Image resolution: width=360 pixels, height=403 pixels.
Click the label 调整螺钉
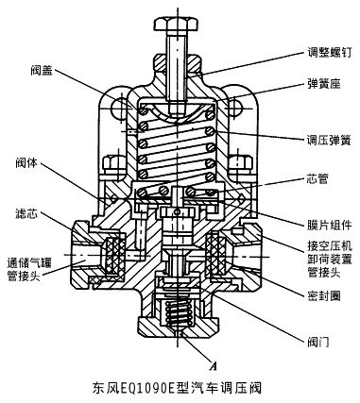coord(329,52)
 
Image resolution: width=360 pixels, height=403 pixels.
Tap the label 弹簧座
coord(323,83)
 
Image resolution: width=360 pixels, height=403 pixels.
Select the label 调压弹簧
coord(329,140)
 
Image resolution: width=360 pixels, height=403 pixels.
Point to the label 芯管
coord(318,178)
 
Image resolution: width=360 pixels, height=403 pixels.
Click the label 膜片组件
coord(329,225)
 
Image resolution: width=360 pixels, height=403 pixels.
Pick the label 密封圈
coord(323,295)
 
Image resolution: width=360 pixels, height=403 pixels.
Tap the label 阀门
coord(318,342)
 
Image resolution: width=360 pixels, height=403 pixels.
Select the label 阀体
coord(27,163)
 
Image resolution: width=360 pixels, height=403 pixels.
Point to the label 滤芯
coord(27,213)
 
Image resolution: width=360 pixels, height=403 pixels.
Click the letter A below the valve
coord(214,365)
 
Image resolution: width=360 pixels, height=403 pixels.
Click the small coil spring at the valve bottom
coord(179,314)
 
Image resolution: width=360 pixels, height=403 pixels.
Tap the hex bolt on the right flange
coord(241,164)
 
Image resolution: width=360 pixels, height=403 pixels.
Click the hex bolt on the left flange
coord(114,164)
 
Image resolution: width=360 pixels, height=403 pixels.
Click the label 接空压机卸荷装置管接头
coord(330,259)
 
